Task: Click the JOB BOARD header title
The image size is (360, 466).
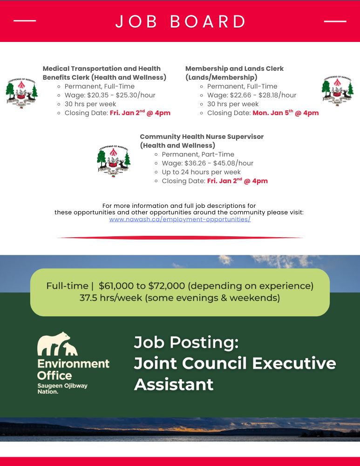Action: [x=180, y=22]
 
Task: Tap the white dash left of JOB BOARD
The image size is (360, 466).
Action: [x=25, y=21]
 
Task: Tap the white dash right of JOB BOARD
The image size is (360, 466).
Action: [x=335, y=21]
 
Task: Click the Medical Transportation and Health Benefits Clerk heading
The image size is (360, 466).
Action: [x=104, y=73]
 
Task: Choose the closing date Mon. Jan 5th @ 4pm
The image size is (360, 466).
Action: [x=285, y=113]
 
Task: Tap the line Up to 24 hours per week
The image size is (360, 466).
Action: [x=201, y=172]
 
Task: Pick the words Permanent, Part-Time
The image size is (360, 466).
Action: [x=198, y=154]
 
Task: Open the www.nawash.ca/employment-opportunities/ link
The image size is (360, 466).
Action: [x=180, y=219]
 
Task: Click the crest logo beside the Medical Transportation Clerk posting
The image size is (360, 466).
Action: [x=21, y=92]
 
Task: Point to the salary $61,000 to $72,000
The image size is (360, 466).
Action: [x=142, y=286]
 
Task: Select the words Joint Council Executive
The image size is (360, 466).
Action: [x=235, y=363]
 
